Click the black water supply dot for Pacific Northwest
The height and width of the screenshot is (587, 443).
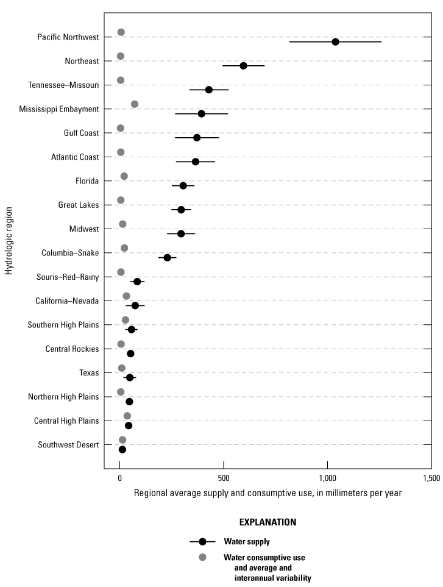tap(335, 41)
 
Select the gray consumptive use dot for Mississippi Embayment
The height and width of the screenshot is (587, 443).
tap(135, 104)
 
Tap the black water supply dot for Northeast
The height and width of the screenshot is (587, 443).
tap(243, 66)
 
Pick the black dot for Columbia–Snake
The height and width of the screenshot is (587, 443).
tap(167, 258)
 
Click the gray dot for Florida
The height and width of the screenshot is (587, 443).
tap(124, 176)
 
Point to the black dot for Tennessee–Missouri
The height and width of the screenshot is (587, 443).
tap(208, 90)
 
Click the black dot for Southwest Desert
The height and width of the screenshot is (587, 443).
tap(122, 450)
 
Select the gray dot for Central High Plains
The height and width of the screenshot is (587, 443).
tap(127, 416)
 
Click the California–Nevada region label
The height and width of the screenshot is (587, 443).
tap(68, 301)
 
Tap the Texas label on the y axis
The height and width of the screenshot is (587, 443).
tap(89, 372)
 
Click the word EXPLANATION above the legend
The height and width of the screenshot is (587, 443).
tap(268, 522)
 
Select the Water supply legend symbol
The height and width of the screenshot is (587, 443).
tap(203, 541)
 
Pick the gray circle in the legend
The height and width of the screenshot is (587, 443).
tap(203, 557)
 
